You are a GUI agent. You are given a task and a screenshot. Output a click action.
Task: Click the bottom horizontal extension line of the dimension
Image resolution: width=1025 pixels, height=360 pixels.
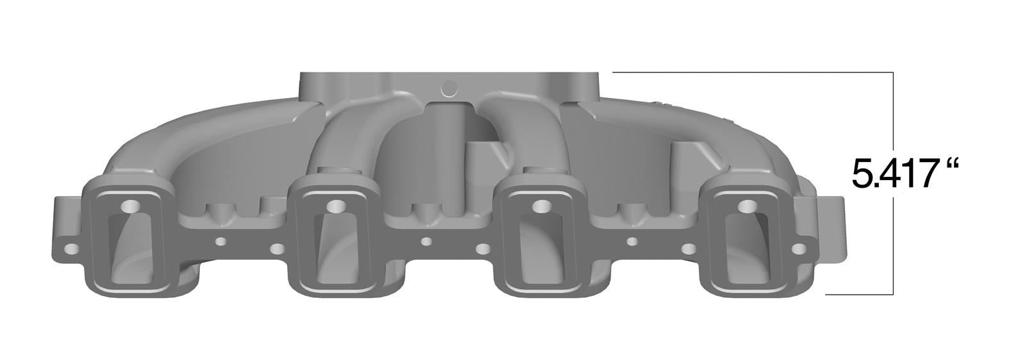(858, 295)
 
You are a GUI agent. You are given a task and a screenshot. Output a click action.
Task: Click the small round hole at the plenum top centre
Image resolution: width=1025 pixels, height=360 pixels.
(448, 87)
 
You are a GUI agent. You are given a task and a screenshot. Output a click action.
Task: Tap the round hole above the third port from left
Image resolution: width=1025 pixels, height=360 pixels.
(541, 207)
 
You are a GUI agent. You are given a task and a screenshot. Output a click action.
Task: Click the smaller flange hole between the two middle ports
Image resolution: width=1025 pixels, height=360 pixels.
(425, 241)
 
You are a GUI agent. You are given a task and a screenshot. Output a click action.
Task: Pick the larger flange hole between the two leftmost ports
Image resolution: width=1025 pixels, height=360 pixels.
(277, 248)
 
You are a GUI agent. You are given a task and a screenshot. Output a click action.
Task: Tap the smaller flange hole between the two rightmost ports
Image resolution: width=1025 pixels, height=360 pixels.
(632, 241)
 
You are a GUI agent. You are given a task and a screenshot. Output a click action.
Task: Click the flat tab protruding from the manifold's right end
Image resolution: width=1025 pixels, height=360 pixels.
(830, 231)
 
